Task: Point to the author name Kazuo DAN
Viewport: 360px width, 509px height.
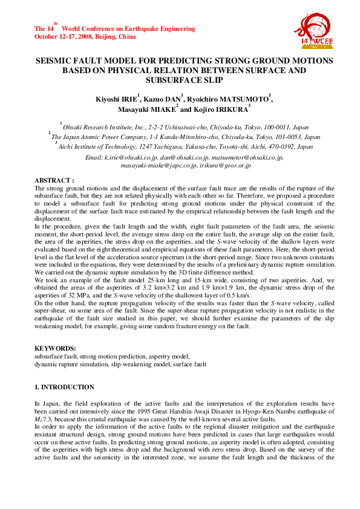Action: (162, 99)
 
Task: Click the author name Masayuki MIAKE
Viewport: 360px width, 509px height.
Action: (146, 110)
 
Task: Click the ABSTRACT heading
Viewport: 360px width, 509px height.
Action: (54, 180)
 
